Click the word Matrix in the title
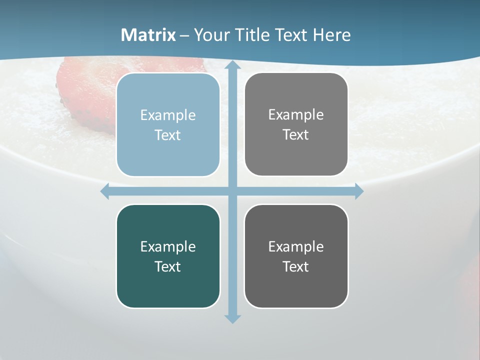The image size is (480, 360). [148, 35]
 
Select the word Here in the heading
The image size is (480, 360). [331, 35]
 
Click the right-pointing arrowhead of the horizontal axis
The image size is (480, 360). [358, 191]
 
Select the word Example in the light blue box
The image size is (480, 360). [168, 115]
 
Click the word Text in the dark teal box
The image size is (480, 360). [168, 267]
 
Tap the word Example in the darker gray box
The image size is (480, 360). [296, 246]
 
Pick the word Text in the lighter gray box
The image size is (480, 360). [296, 135]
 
